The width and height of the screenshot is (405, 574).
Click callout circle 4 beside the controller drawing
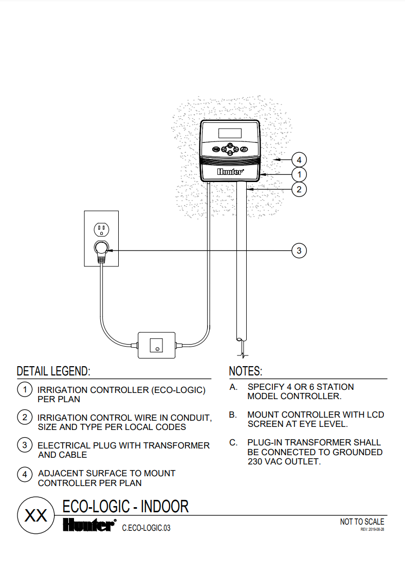tap(299, 160)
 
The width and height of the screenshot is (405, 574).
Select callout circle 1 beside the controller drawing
tap(299, 175)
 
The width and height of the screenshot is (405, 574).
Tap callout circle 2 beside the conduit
tap(299, 189)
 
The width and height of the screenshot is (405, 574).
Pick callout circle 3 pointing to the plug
tap(299, 250)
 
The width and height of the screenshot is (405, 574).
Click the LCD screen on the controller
tap(230, 133)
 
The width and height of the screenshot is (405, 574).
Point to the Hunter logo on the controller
tap(230, 172)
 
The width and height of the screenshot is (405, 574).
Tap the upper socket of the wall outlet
tap(101, 228)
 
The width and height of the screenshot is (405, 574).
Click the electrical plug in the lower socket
tap(101, 249)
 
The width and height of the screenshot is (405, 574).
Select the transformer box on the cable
tap(156, 345)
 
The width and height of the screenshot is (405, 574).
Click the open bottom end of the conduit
tap(241, 339)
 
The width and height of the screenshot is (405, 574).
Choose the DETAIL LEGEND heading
tap(53, 371)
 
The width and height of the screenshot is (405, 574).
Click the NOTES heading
tap(245, 371)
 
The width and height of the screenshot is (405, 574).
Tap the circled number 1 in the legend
tap(25, 389)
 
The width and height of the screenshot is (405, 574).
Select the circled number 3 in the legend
tap(25, 445)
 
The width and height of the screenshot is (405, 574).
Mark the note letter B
tap(233, 415)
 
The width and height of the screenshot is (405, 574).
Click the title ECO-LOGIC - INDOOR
tap(125, 507)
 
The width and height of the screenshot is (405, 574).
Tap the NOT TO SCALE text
tap(362, 522)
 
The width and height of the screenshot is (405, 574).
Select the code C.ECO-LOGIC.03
tap(146, 528)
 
